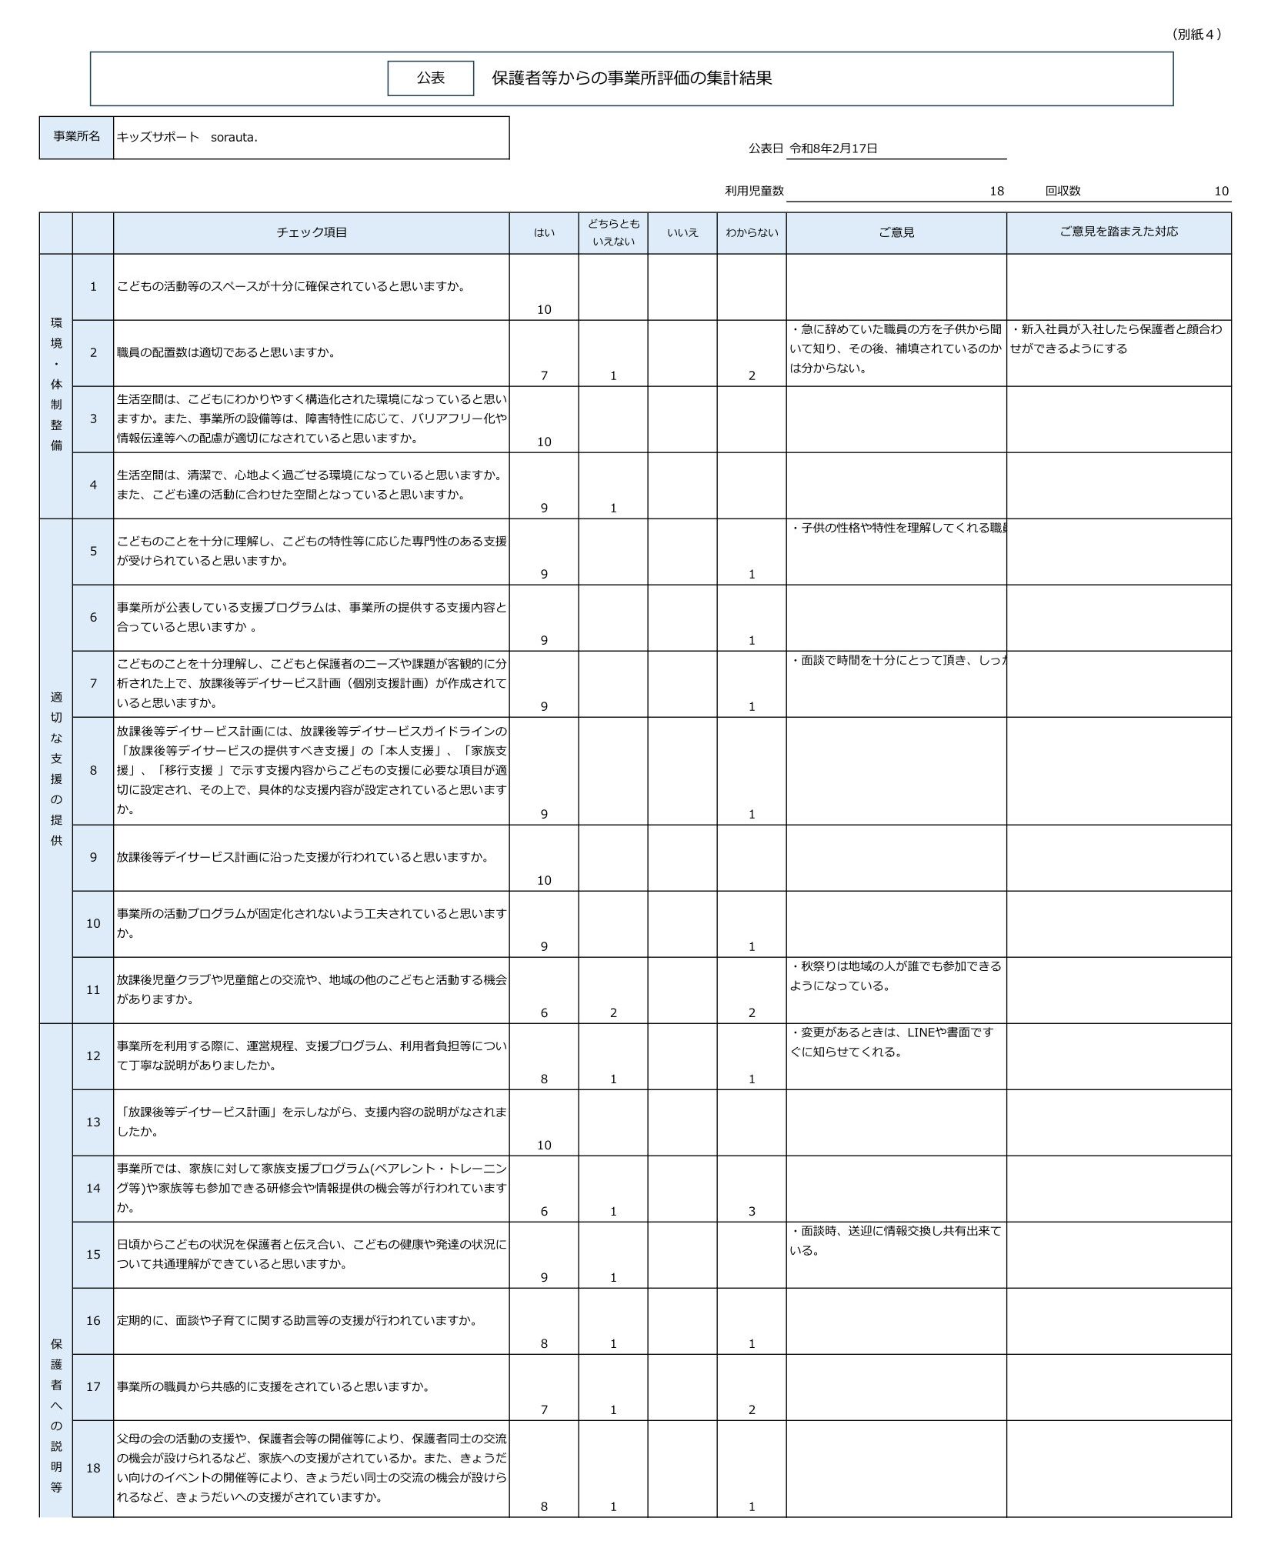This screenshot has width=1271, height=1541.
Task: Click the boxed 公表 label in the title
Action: coord(430,78)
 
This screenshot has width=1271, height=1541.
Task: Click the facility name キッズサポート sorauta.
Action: coord(187,138)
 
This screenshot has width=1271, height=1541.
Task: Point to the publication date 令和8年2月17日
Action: coord(833,148)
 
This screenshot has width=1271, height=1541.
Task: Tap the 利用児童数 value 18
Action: coord(996,191)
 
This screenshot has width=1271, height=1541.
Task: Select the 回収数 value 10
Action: coord(1221,191)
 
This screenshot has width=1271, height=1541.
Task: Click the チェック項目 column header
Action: coord(311,232)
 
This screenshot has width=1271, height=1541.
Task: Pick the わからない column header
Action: coord(751,232)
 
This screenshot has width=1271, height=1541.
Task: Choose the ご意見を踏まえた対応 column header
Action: coord(1118,232)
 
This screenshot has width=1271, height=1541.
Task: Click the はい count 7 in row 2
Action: coord(544,375)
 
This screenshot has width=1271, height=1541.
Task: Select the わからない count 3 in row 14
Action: coord(752,1211)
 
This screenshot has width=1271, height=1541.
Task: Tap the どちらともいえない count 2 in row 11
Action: coord(613,1012)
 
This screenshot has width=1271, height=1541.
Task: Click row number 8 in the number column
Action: coord(93,770)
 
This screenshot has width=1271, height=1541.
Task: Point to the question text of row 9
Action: coord(303,857)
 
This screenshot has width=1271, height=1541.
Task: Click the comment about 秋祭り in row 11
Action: coord(896,976)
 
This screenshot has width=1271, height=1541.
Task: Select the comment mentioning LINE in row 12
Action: coord(892,1042)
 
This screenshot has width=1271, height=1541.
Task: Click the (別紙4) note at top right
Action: coord(1196,34)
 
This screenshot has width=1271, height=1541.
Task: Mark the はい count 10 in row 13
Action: coord(544,1145)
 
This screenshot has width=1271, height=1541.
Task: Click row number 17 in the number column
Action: coord(93,1386)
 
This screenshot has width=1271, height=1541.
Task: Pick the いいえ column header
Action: coord(682,232)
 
